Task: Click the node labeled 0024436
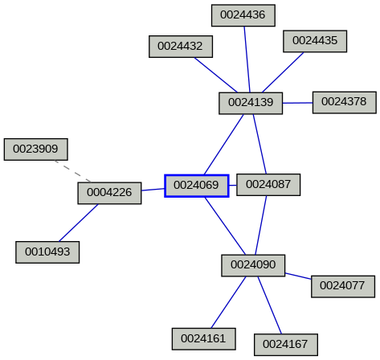pos(243,14)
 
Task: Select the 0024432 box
pos(180,47)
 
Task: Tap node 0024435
pos(315,40)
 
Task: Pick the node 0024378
pos(344,102)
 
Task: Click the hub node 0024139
pos(251,103)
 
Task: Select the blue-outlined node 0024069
pos(197,186)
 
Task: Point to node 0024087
pos(268,185)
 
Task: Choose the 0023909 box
pos(36,149)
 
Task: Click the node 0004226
pos(109,193)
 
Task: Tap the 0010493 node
pos(47,252)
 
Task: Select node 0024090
pos(253,265)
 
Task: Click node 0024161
pos(204,339)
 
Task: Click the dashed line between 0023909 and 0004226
pos(72,171)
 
